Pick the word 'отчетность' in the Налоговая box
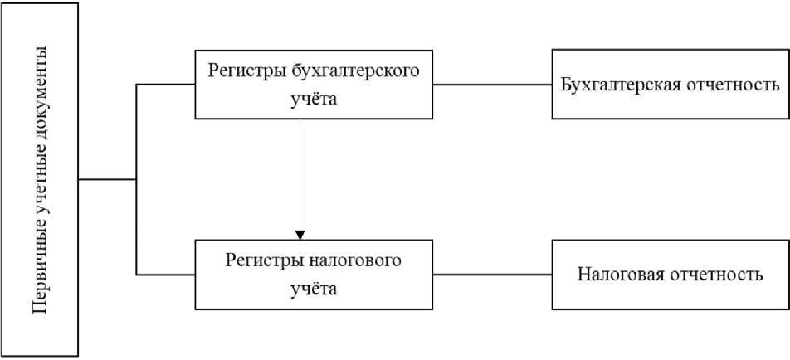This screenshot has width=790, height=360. [x=718, y=275]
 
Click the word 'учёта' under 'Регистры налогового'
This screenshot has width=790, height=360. [x=314, y=289]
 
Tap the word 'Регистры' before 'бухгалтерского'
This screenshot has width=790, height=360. [x=242, y=71]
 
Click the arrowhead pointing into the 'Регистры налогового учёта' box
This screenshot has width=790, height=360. [x=300, y=233]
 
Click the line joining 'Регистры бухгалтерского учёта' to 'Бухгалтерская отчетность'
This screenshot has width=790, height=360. [x=492, y=85]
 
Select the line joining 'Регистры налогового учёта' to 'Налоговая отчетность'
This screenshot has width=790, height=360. [x=492, y=274]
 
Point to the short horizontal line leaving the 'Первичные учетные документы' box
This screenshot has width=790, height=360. [x=107, y=179]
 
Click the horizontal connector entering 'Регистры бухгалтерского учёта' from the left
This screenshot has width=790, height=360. [x=165, y=85]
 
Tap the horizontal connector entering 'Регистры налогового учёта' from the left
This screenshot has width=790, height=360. [x=165, y=274]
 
